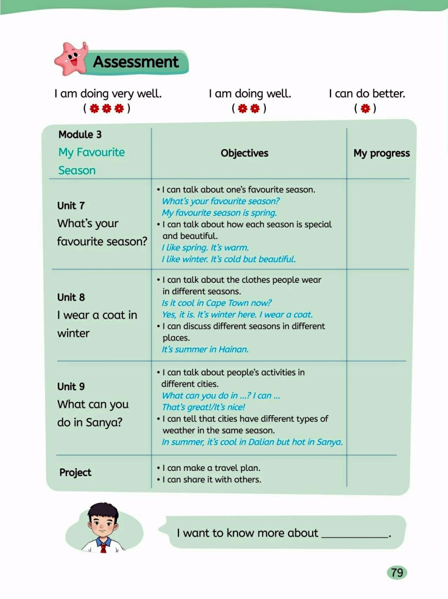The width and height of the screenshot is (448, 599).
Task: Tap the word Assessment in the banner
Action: tap(136, 62)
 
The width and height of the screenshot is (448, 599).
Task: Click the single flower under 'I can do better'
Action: tap(365, 109)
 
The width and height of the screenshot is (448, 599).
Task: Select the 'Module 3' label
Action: tap(80, 135)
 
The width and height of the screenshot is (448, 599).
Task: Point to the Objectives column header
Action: tap(244, 153)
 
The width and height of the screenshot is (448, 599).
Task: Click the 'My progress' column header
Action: tap(381, 153)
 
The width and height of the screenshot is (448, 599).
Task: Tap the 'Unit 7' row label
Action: tap(71, 206)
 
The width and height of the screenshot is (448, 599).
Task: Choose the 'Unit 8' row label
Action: tap(71, 297)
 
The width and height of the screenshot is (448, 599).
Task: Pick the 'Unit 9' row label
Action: tap(71, 386)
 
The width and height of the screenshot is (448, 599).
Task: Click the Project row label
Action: tap(75, 473)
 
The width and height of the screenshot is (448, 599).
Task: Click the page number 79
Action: tap(397, 573)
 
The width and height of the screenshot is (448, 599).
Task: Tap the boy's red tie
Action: tap(103, 547)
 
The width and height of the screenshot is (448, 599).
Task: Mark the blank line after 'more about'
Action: tap(355, 535)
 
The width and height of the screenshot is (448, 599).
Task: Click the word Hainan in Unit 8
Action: tap(233, 349)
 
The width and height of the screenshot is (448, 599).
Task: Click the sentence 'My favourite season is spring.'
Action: tap(220, 213)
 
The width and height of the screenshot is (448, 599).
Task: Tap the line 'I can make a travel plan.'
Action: tap(211, 468)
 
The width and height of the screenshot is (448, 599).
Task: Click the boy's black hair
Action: tap(103, 510)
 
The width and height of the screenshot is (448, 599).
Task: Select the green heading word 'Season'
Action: tap(77, 171)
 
